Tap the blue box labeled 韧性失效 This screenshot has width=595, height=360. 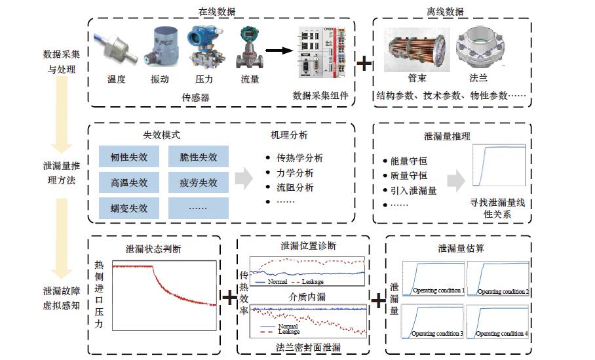pos(128,157)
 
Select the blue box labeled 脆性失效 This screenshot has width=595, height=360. pos(198,157)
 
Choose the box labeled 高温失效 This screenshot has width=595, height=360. pos(128,182)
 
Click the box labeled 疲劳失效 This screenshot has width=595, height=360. pos(198,182)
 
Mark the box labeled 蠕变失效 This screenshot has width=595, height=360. pos(128,209)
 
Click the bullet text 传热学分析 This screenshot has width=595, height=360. pos(299,158)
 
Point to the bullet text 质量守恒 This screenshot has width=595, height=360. pos(409,175)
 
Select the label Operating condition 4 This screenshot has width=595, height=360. pos(501,334)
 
